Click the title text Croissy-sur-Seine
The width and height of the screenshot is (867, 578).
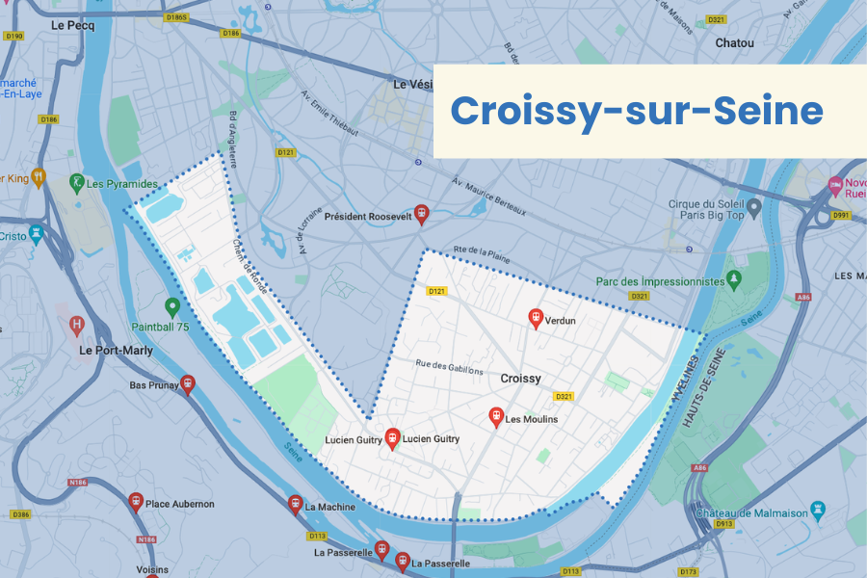point(637,112)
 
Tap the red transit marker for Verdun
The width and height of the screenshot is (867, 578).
point(536,318)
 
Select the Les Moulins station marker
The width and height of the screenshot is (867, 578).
point(496,417)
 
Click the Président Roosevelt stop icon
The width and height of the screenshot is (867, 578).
point(420,214)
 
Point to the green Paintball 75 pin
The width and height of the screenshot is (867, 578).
point(172,307)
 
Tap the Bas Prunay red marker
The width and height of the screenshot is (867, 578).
point(187,384)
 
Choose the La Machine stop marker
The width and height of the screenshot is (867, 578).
point(295,504)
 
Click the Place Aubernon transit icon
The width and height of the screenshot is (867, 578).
point(136,502)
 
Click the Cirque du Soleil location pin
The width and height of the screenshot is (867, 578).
point(754,206)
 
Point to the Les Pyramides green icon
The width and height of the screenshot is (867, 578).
point(76,182)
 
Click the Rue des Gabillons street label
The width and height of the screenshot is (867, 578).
point(449,366)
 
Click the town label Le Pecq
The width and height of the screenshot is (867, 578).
point(73,25)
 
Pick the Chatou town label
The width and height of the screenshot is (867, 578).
point(734,42)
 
